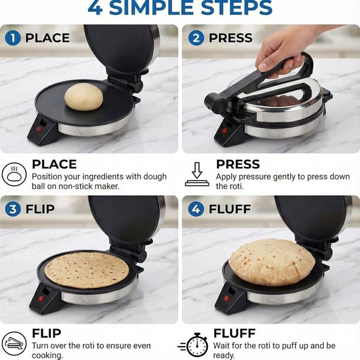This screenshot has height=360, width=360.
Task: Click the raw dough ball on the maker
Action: (x=84, y=96)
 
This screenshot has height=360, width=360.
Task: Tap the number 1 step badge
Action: (x=12, y=38)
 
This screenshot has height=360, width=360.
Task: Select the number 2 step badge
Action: (x=196, y=38)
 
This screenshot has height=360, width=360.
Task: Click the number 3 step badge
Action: (x=12, y=209)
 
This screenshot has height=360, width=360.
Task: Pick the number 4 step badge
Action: (x=196, y=209)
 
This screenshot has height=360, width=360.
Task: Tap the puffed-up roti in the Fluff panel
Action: (x=271, y=262)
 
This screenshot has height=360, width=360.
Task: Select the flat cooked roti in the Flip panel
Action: (x=86, y=269)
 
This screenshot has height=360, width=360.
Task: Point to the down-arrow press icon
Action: (x=196, y=175)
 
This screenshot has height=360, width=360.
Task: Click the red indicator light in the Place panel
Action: (x=39, y=129)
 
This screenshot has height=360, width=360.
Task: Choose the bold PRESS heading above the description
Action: (x=238, y=164)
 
